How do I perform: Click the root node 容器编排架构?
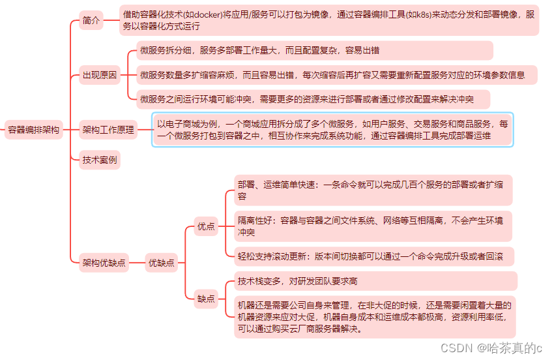33,130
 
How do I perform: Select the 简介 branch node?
92,20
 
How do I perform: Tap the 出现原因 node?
100,75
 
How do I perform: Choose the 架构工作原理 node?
108,130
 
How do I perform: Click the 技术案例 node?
100,159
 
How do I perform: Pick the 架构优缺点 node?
104,263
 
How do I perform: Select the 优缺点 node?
162,263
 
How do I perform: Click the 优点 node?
206,227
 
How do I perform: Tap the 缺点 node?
206,299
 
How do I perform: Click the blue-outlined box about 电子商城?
332,130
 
